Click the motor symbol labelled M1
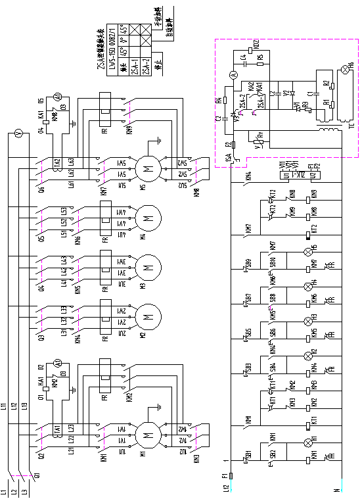point(147,434)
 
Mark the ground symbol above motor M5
point(159,139)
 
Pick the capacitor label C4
point(242,57)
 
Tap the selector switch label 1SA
point(228,158)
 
